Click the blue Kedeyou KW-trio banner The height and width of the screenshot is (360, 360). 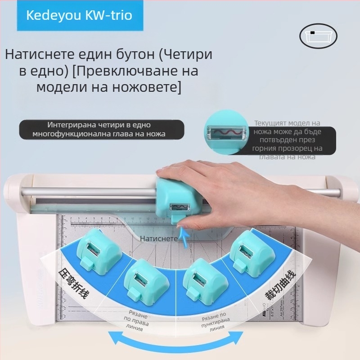coord(79,16)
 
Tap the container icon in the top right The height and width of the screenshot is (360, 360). coord(318,36)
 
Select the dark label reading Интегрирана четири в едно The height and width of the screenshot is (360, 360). coord(102,129)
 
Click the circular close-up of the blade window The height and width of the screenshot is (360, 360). coord(226,131)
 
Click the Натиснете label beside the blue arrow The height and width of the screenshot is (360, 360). coord(159,238)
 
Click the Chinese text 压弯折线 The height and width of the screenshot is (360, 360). coord(74,285)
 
